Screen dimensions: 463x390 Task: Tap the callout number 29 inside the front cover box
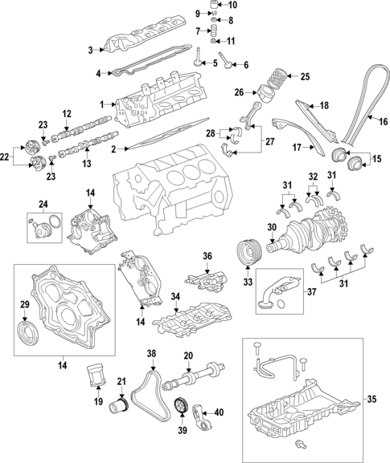[x=23, y=303]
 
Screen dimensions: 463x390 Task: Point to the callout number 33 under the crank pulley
[x=248, y=282]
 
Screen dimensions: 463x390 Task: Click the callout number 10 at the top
[x=233, y=6]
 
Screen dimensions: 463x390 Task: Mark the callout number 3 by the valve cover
[x=91, y=49]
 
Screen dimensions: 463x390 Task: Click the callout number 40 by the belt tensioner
[x=219, y=414]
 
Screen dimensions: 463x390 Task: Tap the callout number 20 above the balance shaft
[x=188, y=355]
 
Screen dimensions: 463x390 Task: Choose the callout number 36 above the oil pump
[x=207, y=257]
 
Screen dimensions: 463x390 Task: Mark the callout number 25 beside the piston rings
[x=304, y=76]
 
